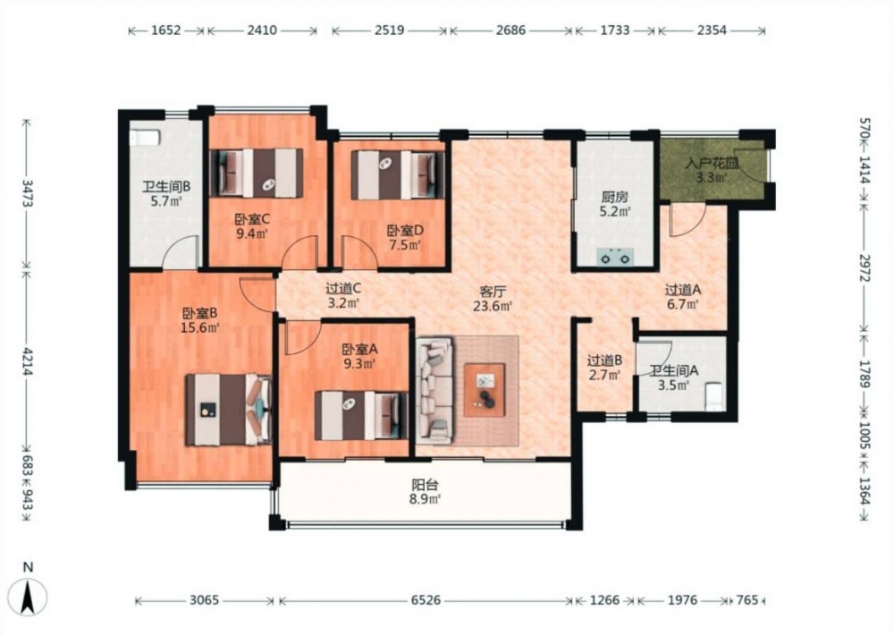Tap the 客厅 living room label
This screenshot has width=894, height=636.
(493, 292)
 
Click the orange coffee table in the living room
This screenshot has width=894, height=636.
(484, 390)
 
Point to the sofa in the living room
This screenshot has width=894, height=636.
(434, 391)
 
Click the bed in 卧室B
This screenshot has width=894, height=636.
(228, 410)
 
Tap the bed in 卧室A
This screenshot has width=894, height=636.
(361, 415)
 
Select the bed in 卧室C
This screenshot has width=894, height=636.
(257, 173)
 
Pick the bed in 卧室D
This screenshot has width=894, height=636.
(398, 174)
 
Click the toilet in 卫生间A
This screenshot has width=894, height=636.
(714, 396)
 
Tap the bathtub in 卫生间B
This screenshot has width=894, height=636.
(145, 137)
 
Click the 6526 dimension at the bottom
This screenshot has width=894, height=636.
(426, 600)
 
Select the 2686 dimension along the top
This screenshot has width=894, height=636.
(510, 30)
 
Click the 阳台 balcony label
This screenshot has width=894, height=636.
(426, 486)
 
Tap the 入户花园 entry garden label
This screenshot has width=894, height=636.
(713, 164)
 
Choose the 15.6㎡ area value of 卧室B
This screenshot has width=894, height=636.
(200, 327)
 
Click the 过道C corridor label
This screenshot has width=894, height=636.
(343, 289)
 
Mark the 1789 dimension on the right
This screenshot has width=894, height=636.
(864, 374)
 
